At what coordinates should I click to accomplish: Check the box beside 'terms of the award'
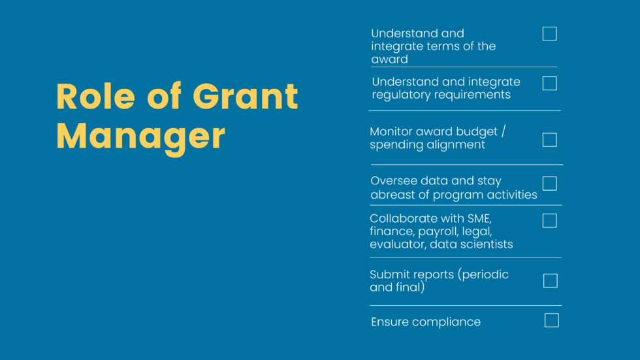pos(550,34)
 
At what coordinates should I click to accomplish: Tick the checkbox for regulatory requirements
pos(550,84)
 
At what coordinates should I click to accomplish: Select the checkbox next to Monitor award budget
pos(550,140)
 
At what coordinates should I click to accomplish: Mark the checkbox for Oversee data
pos(550,184)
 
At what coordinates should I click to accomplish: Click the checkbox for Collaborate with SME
pos(550,221)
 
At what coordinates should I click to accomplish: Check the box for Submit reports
pos(551,281)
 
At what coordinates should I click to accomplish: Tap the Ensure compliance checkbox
pos(552,320)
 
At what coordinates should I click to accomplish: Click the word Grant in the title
pos(246,97)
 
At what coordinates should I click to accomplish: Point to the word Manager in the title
pos(140,135)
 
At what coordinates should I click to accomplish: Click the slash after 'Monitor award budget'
pos(504,131)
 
